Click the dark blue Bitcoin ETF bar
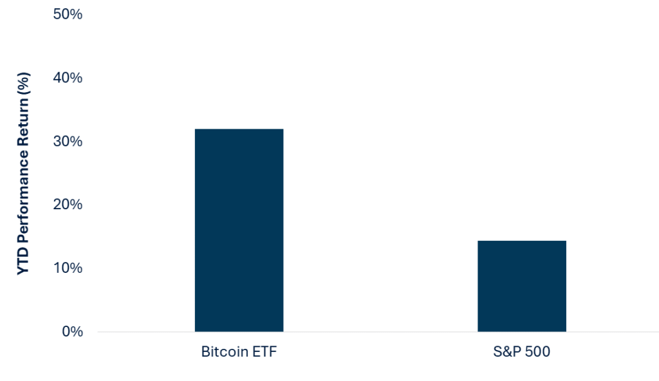coord(239,230)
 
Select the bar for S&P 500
coord(521,286)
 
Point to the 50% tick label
coord(67,14)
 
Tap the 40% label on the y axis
coord(67,78)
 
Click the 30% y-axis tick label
coord(67,141)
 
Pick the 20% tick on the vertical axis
coord(67,205)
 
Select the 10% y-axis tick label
coord(67,268)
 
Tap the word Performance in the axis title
coord(23,210)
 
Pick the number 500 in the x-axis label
coord(536,352)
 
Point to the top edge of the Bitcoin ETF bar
coord(239,129)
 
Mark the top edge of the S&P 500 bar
coord(521,241)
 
